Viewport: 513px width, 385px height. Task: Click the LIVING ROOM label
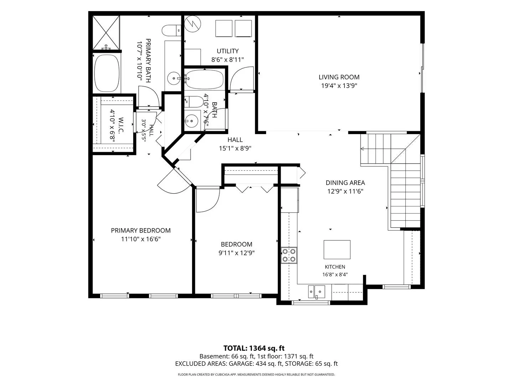[339, 77]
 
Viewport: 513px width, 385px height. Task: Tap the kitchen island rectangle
[337, 250]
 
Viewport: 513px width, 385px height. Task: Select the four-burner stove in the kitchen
[289, 255]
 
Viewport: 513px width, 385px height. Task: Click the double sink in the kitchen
[316, 292]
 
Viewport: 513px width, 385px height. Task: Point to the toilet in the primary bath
[171, 31]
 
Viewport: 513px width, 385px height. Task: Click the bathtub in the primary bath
[107, 73]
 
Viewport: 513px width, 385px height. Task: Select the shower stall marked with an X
[106, 32]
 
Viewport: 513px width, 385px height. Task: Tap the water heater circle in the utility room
[193, 24]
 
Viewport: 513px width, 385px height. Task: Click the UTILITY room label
[228, 51]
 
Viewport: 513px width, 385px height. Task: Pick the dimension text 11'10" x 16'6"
[141, 239]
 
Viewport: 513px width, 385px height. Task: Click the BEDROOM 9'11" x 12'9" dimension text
[237, 253]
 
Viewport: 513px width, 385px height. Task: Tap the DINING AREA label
[345, 183]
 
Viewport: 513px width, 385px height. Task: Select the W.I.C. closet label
[121, 125]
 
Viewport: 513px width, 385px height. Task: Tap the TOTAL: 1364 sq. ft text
[254, 348]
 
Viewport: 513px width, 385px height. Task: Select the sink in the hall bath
[191, 121]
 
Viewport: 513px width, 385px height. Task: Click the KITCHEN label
[335, 267]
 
